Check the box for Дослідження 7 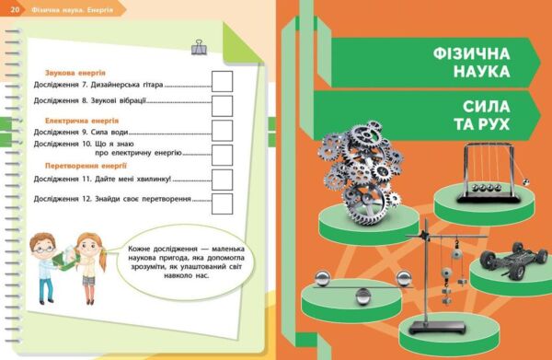(223, 80)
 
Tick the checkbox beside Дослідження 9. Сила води (223, 129)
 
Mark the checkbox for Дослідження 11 (223, 178)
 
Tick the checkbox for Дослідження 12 (223, 200)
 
